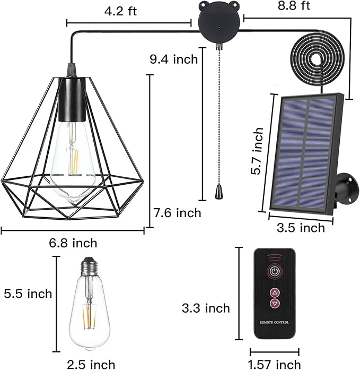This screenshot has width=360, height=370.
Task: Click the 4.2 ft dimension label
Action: tap(120, 11)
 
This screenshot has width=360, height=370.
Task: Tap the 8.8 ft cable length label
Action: tap(294, 5)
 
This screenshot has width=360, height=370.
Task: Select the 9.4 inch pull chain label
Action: tap(174, 59)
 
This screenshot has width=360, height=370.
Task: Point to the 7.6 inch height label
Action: tap(177, 213)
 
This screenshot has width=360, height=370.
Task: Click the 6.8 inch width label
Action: tap(73, 243)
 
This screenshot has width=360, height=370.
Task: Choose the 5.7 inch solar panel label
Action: tap(257, 151)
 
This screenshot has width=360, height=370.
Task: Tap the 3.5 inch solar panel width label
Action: tap(301, 228)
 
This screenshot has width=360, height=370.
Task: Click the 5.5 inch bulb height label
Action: tap(28, 294)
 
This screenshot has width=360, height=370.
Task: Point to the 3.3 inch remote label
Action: tap(206, 308)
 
